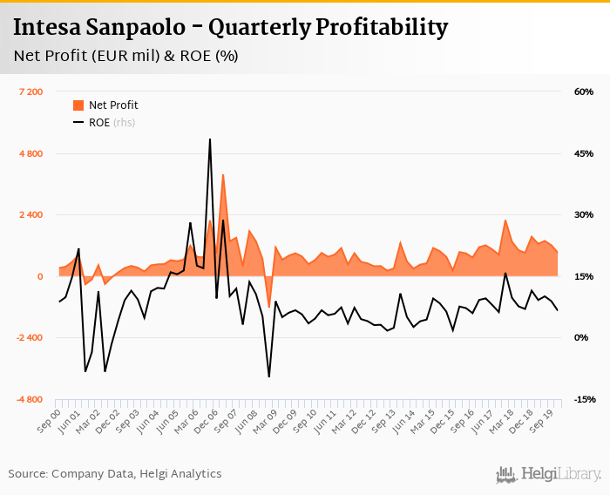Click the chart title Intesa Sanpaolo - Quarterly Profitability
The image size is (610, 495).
pos(230,28)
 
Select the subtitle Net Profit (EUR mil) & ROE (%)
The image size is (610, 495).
pos(125,57)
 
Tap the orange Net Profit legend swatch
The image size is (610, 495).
pos(78,105)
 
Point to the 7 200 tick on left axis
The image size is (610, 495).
pos(30,92)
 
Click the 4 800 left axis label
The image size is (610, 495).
pos(30,153)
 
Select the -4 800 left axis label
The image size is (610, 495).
pos(28,399)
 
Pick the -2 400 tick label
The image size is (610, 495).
pos(28,338)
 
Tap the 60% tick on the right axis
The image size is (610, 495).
pos(583,92)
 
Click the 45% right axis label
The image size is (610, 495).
pos(583,153)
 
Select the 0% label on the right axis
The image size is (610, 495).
pos(582,338)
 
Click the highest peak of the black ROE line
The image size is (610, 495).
pos(210,139)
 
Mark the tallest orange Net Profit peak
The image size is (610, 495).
pos(223,175)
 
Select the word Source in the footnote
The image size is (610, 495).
pos(27,474)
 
